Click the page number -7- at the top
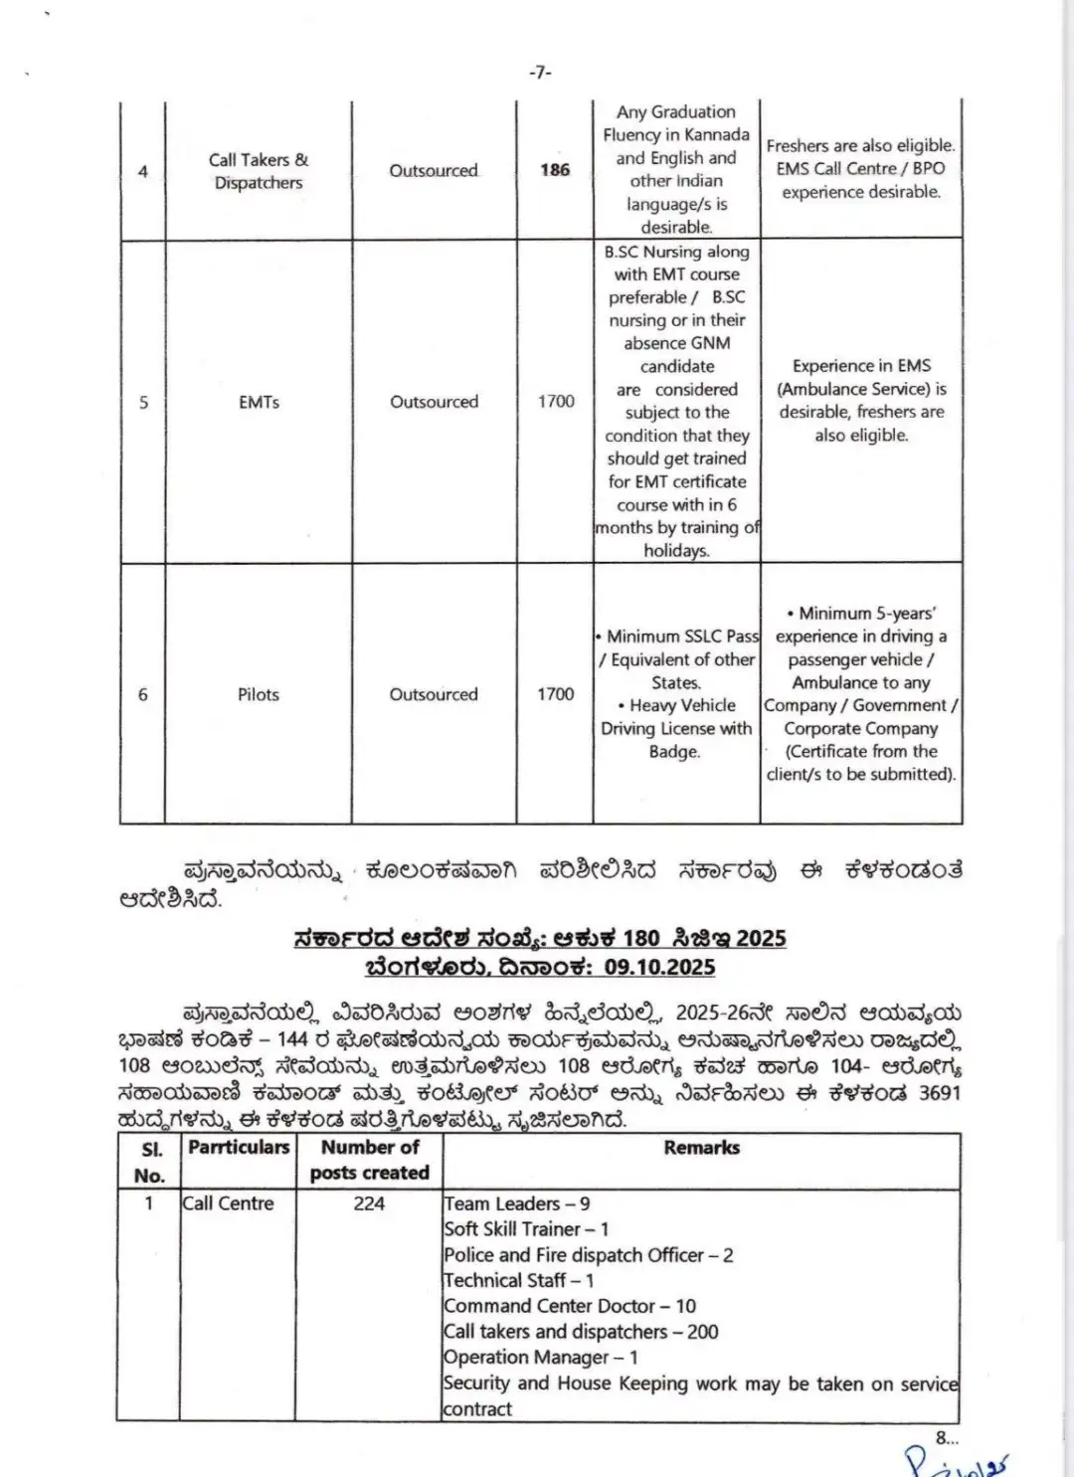[x=540, y=72]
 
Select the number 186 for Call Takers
[x=555, y=170]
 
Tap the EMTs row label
[x=259, y=402]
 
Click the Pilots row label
[x=259, y=694]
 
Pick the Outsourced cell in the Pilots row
[x=434, y=694]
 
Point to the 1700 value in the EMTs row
[x=556, y=401]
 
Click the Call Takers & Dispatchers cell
[x=259, y=171]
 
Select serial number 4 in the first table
[x=143, y=171]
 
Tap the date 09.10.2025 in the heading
[x=659, y=967]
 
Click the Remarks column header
[x=702, y=1148]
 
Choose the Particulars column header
[x=239, y=1148]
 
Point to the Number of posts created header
[x=370, y=1160]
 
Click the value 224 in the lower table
[x=369, y=1203]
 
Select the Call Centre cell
[x=228, y=1203]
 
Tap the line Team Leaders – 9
[x=517, y=1203]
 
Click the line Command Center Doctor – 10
[x=570, y=1306]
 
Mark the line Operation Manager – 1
[x=541, y=1358]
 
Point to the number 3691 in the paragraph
[x=939, y=1093]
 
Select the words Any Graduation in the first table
[x=676, y=112]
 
